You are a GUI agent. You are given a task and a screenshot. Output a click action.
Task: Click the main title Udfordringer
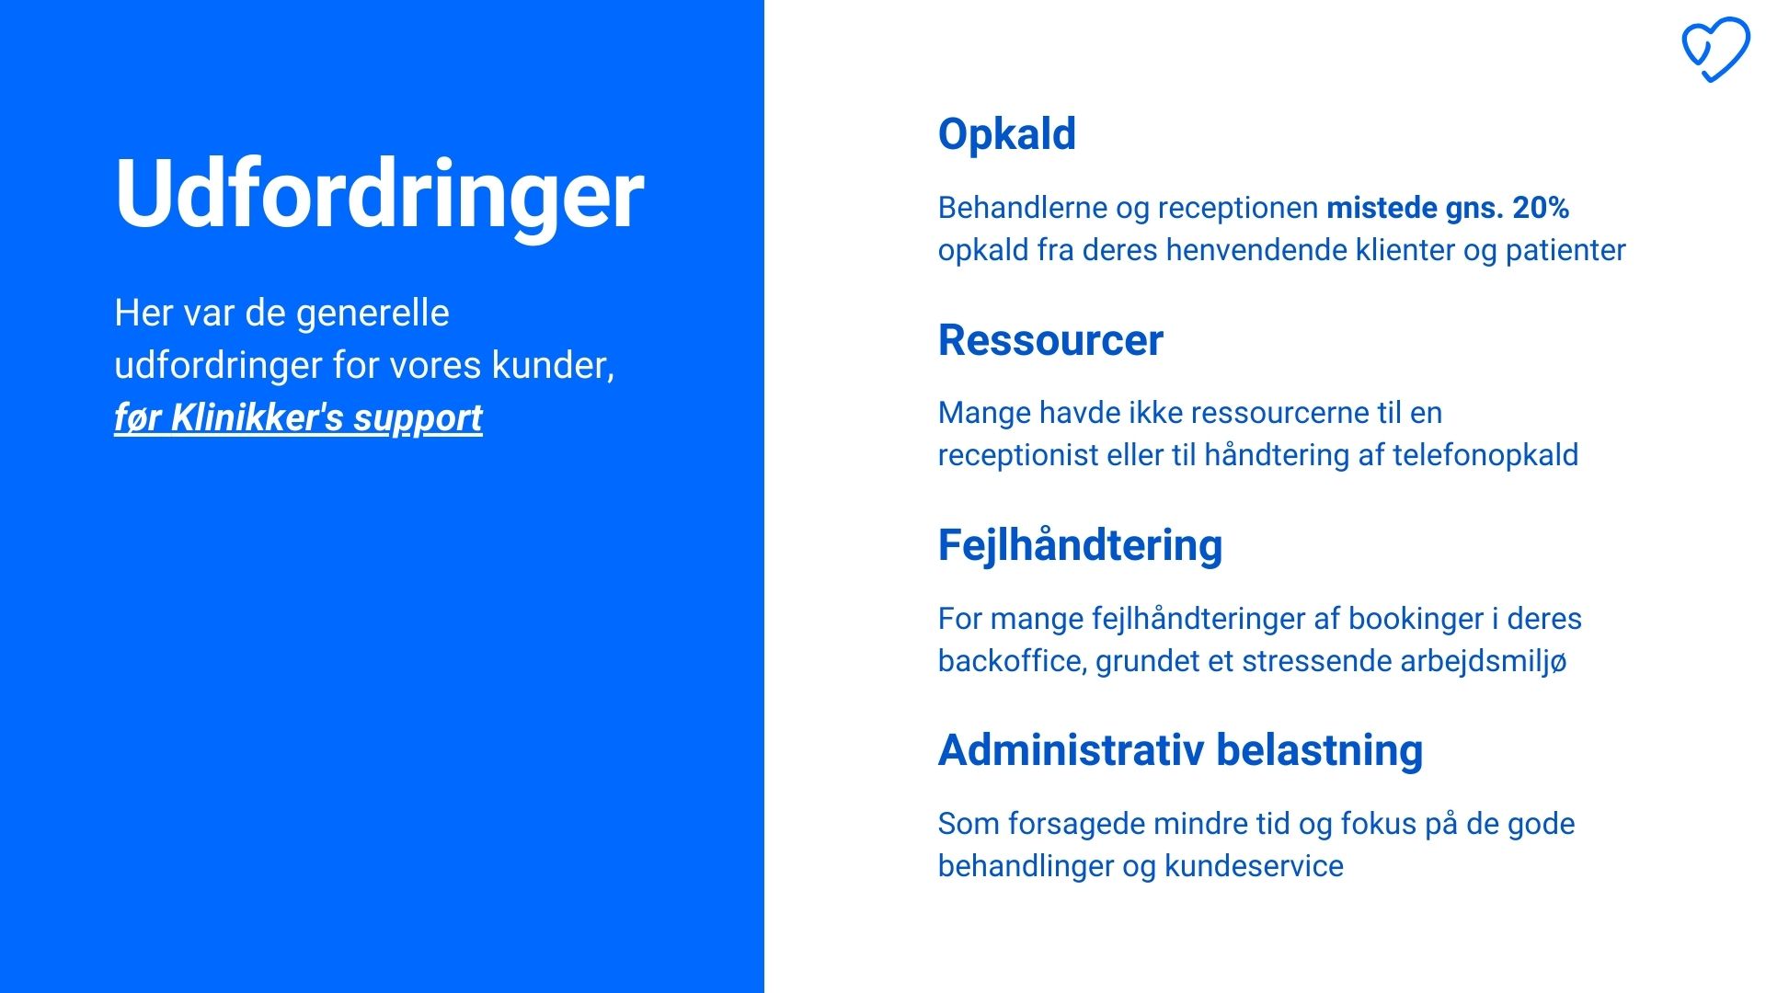point(379,194)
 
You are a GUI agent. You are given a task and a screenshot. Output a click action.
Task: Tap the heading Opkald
point(1006,134)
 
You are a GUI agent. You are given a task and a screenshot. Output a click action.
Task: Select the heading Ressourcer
point(1050,340)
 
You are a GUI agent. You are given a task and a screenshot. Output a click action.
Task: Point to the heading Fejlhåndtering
point(1080,546)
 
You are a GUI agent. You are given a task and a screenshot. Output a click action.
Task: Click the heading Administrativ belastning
point(1180,750)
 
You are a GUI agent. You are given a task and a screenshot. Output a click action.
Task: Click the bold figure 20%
point(1541,208)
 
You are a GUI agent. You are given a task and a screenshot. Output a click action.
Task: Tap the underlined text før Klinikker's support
point(298,418)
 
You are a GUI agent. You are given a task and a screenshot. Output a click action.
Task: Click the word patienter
point(1565,250)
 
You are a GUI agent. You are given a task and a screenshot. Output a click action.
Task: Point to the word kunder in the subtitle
point(553,366)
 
